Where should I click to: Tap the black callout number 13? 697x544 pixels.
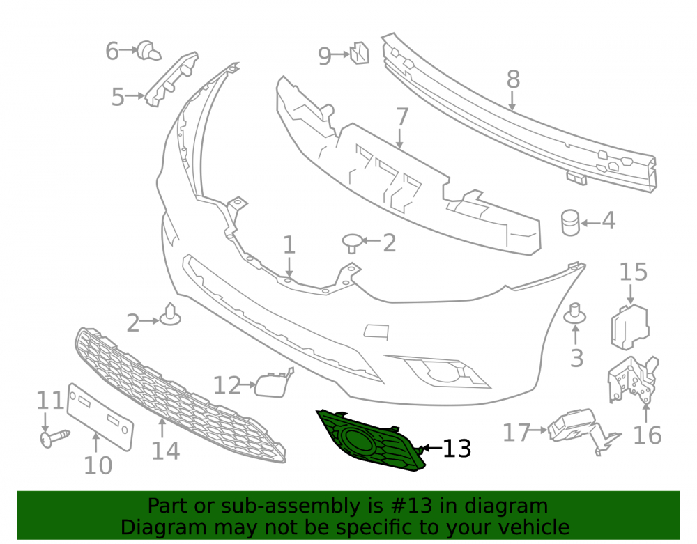point(457,449)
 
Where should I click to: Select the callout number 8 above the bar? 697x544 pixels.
point(513,79)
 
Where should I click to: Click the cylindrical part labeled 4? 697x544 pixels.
point(570,223)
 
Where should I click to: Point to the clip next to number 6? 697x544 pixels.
point(148,51)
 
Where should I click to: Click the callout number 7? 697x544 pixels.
point(402,117)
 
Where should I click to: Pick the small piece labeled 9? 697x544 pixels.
point(360,53)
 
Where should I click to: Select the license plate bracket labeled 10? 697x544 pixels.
point(100,417)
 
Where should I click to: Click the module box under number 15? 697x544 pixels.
point(630,327)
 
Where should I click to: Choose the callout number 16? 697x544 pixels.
point(648,435)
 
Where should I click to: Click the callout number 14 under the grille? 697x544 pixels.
point(165,451)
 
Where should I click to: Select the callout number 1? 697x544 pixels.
point(289,244)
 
